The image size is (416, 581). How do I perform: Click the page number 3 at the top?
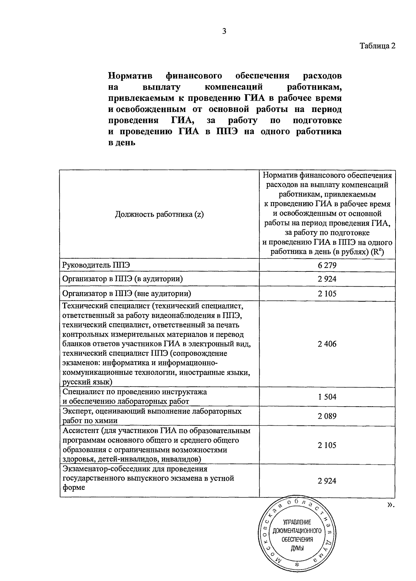click(x=224, y=32)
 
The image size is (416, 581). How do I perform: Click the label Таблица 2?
click(x=377, y=46)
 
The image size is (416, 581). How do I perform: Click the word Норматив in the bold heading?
click(x=131, y=76)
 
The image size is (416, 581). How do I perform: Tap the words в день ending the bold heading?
click(x=121, y=142)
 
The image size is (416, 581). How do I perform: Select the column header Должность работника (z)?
click(x=159, y=214)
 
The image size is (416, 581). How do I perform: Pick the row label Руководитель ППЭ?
click(x=96, y=265)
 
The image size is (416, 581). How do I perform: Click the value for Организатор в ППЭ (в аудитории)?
click(x=327, y=279)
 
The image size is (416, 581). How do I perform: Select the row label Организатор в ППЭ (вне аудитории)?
click(x=127, y=294)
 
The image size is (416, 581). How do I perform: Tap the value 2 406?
click(x=327, y=344)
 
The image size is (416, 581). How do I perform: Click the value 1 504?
click(x=327, y=397)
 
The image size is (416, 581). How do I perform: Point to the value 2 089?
click(x=327, y=416)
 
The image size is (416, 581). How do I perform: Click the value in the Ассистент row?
click(x=327, y=445)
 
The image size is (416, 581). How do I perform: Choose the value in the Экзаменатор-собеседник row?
click(x=327, y=481)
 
